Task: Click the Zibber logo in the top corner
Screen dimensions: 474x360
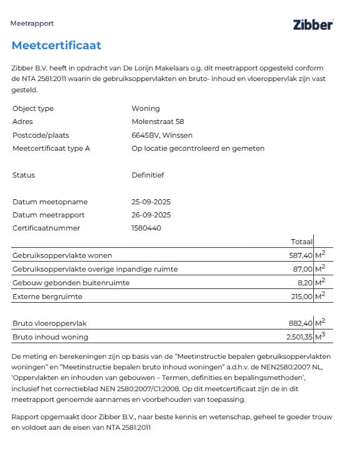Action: coord(313,24)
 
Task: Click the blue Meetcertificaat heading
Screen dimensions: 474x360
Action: coord(56,45)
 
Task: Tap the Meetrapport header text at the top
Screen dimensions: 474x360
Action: coord(32,24)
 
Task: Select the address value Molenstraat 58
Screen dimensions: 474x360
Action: coord(158,121)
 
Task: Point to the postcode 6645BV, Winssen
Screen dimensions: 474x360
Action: coord(162,135)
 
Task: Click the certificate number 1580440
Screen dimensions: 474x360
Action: coord(146,228)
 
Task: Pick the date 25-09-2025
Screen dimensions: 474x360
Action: coord(151,202)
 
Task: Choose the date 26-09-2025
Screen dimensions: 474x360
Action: coord(151,215)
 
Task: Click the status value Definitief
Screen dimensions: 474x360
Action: coord(148,175)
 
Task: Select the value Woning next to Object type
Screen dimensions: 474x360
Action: coord(146,108)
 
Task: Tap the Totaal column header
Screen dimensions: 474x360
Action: coord(301,242)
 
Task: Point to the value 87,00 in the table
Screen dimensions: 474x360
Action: coord(300,269)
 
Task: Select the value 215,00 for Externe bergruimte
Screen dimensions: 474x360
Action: coord(299,296)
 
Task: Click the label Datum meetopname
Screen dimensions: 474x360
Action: coord(50,202)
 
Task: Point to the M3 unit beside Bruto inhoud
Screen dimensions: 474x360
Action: coord(321,336)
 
